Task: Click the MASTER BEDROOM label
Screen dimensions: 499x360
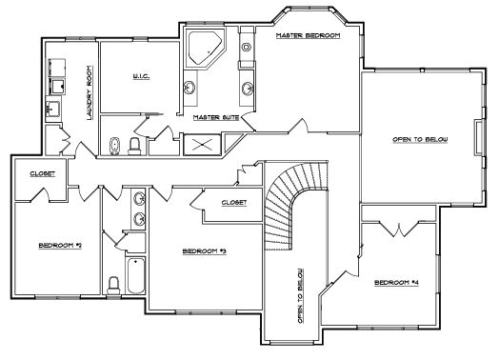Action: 308,35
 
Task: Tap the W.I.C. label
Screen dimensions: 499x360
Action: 141,76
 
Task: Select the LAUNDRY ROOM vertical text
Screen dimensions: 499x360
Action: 90,93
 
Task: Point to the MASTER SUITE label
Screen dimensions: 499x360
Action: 216,117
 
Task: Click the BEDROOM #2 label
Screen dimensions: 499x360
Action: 60,246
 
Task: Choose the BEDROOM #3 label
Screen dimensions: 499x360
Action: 205,251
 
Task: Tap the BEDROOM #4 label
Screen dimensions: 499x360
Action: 396,282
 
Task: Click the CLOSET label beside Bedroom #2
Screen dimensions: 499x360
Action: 42,173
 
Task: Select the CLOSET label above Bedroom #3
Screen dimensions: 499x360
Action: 234,203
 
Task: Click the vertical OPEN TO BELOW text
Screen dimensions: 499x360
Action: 300,295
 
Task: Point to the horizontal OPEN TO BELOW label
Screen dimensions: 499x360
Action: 420,139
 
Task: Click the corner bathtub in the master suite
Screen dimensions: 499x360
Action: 204,48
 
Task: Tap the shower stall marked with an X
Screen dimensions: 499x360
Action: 203,145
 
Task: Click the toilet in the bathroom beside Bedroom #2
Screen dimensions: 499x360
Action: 113,285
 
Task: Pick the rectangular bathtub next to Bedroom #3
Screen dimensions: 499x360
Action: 136,275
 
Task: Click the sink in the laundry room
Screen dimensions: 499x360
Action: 52,109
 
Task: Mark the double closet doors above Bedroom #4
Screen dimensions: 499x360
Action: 399,230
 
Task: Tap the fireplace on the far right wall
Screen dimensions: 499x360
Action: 479,137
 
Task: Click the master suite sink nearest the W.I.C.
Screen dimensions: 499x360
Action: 190,88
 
